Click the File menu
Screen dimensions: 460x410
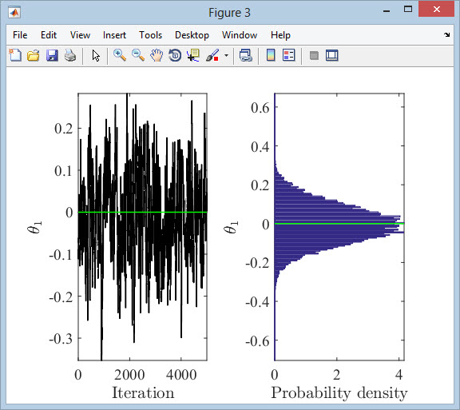click(x=20, y=35)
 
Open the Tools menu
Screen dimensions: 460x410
click(x=150, y=35)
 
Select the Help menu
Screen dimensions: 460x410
click(x=280, y=35)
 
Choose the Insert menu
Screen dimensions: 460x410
click(x=114, y=35)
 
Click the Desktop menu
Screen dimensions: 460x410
click(x=192, y=35)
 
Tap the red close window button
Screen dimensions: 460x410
click(x=436, y=9)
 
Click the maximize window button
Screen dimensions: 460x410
click(x=408, y=9)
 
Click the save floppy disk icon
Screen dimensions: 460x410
click(x=52, y=55)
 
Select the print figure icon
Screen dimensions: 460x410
click(x=70, y=55)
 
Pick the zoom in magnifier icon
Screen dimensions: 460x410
click(x=120, y=55)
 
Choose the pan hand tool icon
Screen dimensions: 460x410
click(x=157, y=55)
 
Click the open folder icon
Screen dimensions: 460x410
click(x=34, y=55)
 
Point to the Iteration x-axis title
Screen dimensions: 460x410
click(x=143, y=392)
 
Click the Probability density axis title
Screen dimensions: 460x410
click(x=339, y=393)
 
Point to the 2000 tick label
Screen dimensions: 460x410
click(x=129, y=375)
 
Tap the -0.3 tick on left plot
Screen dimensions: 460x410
click(x=61, y=339)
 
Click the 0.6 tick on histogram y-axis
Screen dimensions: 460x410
click(x=260, y=108)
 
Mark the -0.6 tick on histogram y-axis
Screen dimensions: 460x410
click(x=257, y=341)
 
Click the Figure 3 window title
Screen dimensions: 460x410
click(x=229, y=13)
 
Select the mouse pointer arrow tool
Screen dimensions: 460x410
click(x=96, y=55)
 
